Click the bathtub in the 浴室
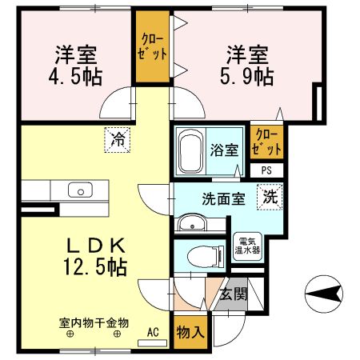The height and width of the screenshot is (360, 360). click(190, 151)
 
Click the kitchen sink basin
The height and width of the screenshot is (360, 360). click(80, 190)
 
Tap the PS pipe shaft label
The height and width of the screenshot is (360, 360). click(266, 170)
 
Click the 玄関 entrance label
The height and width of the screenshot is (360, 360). click(234, 294)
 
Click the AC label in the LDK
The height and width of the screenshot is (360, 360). click(153, 330)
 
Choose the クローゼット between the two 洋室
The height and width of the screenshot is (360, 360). click(153, 49)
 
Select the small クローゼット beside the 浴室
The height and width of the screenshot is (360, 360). click(266, 142)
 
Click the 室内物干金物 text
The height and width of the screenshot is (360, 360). click(94, 323)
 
